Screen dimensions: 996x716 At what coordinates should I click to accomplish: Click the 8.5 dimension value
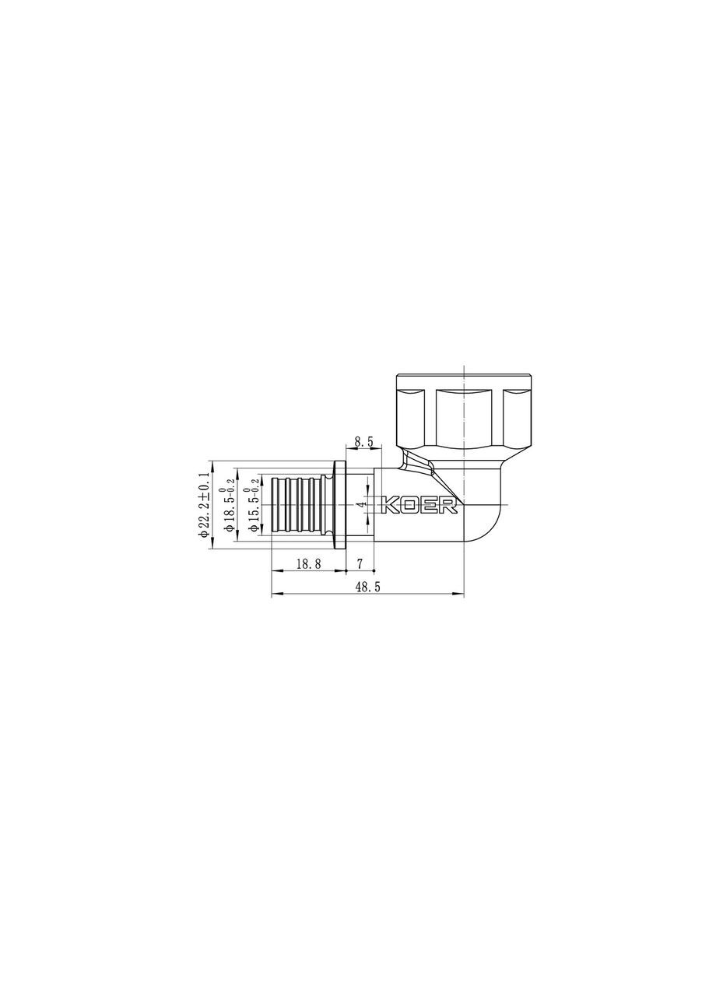click(x=363, y=441)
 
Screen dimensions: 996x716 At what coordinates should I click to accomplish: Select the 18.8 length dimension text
click(x=308, y=565)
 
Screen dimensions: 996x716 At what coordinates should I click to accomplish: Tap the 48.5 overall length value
click(x=367, y=588)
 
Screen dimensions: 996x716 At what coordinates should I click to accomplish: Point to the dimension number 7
click(x=360, y=563)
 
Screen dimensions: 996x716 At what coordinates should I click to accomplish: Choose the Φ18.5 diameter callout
click(x=229, y=505)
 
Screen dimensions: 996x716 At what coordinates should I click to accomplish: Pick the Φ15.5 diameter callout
click(x=254, y=505)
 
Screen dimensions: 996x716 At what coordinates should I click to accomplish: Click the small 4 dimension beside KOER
click(x=361, y=505)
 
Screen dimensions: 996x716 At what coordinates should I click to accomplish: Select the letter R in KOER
click(x=449, y=506)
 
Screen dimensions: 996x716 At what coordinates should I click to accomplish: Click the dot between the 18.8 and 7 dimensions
click(x=346, y=570)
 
